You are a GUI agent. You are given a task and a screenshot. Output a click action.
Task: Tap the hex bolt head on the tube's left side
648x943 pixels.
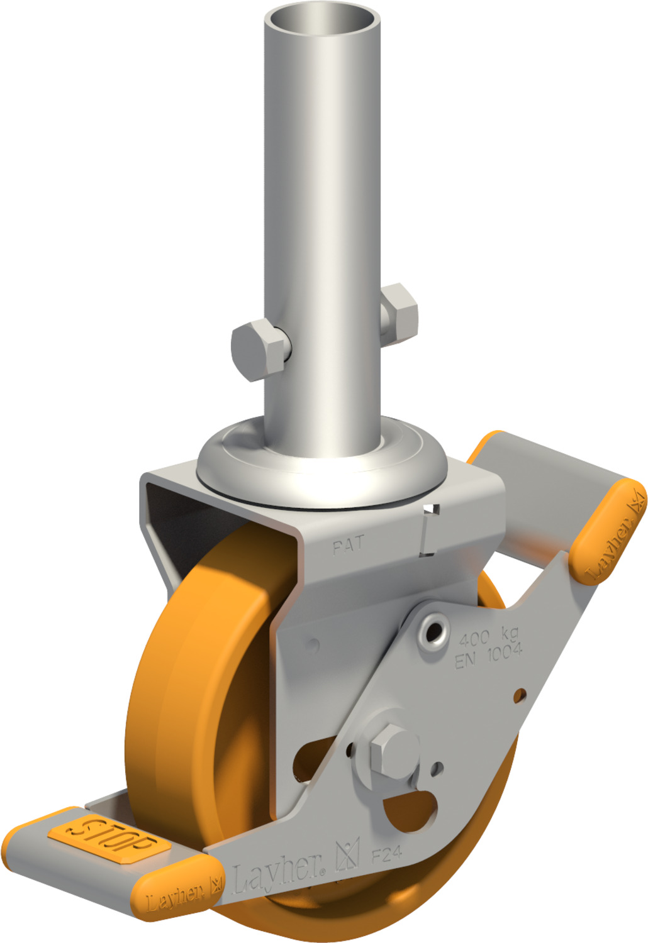pos(259,350)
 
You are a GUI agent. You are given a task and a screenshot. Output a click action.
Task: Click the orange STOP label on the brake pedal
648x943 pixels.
pos(111,836)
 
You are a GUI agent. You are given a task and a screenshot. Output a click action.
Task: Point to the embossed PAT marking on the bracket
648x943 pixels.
pos(348,545)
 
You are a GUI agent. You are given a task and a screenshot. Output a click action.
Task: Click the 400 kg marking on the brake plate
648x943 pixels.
pos(488,636)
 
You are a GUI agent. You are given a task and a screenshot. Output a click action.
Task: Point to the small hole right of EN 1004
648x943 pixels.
pos(520,695)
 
